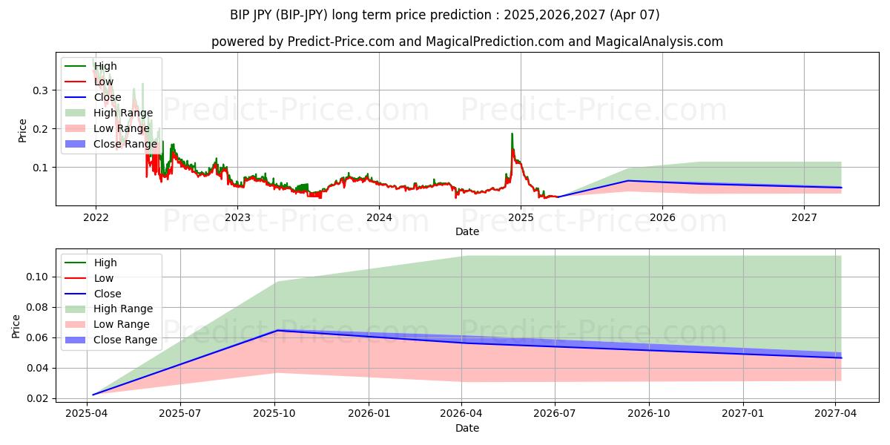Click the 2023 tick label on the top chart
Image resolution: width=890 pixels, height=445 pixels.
coord(237,217)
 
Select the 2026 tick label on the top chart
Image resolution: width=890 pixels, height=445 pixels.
coord(662,217)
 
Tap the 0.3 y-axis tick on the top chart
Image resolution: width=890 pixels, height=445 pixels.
coord(42,90)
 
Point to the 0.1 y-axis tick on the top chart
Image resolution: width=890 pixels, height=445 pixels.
coord(42,168)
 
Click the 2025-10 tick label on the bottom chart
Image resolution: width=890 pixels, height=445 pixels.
coord(275,414)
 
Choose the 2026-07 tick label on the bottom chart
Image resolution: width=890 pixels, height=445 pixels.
coord(556,414)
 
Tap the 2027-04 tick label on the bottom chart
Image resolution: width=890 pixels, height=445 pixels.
coord(836,414)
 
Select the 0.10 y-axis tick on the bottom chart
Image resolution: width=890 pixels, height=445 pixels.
coord(39,277)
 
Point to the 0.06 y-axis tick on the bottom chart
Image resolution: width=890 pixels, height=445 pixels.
coord(39,337)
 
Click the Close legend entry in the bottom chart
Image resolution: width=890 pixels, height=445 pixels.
coord(107,294)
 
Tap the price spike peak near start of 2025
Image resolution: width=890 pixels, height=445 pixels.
coord(512,134)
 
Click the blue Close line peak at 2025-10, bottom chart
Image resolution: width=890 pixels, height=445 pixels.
coord(277,330)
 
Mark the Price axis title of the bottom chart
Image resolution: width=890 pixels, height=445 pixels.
coord(16,326)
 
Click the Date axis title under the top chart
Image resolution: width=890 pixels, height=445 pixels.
coord(467,231)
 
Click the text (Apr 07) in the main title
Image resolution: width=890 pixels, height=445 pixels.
coord(633,15)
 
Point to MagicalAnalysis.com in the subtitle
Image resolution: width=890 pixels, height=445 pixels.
coord(662,42)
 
